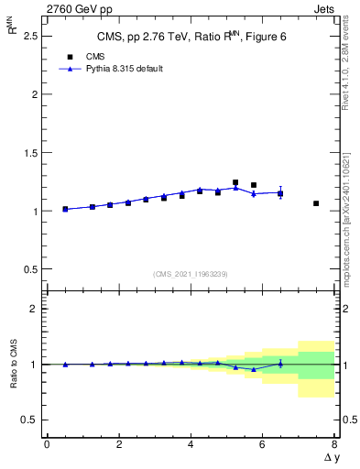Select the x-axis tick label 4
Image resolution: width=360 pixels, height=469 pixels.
tap(191, 444)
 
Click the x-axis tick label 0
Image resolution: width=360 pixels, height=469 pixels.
tap(47, 444)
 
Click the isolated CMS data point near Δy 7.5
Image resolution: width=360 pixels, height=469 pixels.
tap(316, 203)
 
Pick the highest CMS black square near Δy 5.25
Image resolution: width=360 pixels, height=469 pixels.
tap(235, 182)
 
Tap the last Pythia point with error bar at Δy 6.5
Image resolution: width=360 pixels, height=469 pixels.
tap(280, 192)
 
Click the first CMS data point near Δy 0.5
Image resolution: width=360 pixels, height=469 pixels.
tap(65, 209)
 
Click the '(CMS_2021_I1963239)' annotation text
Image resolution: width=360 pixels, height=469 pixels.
tap(191, 274)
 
